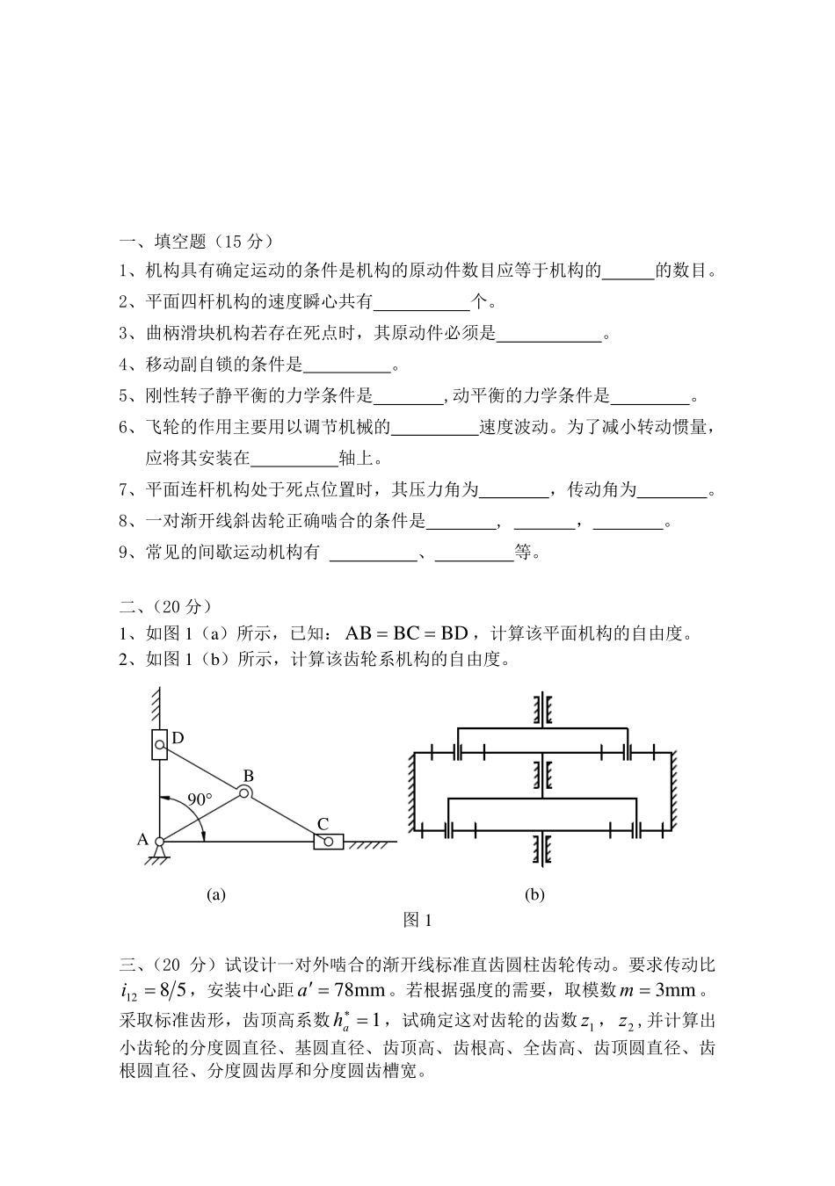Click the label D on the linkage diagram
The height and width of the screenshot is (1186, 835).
click(178, 738)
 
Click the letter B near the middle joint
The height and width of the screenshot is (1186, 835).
click(248, 776)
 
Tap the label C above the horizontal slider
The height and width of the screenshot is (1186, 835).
click(323, 823)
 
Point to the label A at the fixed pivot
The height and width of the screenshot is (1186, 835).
click(142, 839)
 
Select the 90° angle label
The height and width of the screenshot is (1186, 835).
click(200, 799)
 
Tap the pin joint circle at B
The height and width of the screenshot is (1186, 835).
click(244, 793)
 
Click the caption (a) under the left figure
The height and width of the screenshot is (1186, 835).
click(215, 894)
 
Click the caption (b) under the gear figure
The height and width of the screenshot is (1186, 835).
click(534, 894)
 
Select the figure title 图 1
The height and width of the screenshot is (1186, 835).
click(417, 921)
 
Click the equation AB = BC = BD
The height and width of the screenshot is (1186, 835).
click(407, 633)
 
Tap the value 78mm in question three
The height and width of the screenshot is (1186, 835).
click(360, 990)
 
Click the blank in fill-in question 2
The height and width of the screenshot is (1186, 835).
click(422, 304)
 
